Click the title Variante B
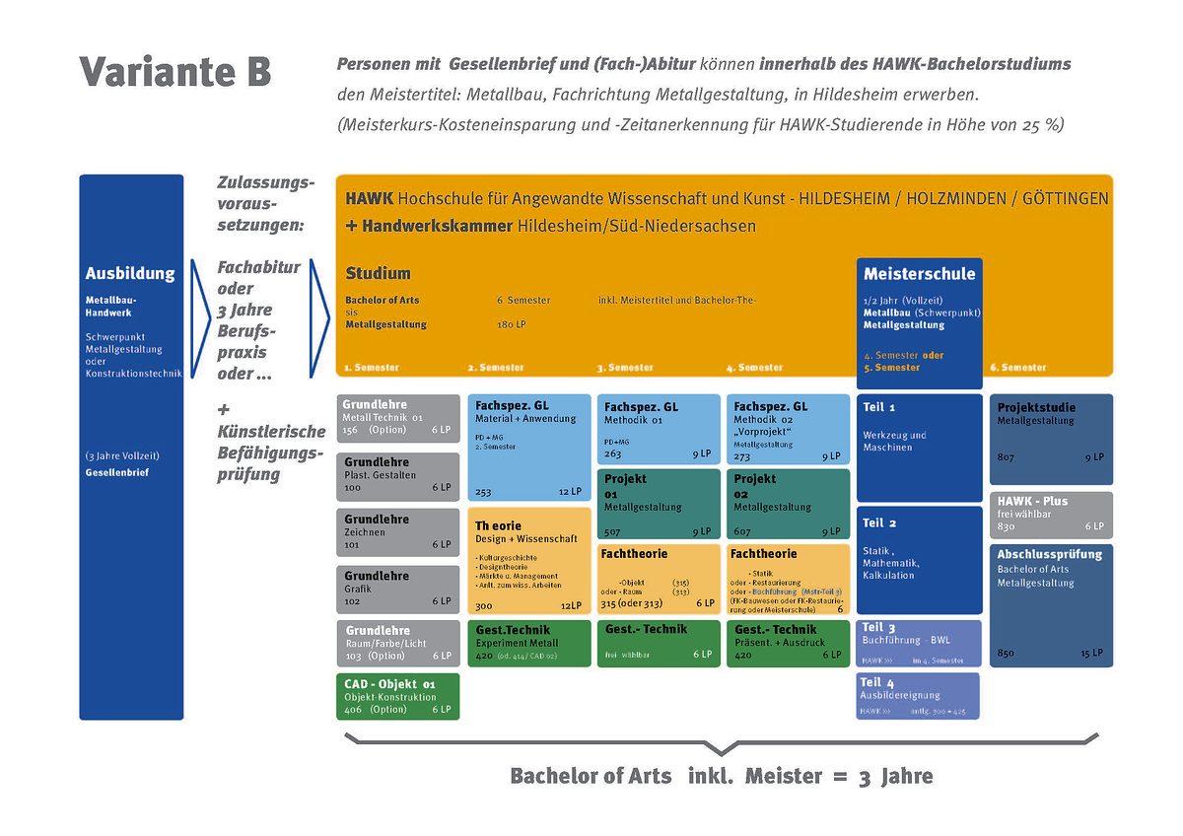click(x=174, y=72)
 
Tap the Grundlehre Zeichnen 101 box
click(x=398, y=531)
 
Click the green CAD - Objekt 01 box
click(x=398, y=696)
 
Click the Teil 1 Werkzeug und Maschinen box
click(x=919, y=448)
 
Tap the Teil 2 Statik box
click(x=919, y=560)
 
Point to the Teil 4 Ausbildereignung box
click(x=919, y=695)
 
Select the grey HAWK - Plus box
click(x=1051, y=515)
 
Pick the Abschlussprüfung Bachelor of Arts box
click(x=1051, y=605)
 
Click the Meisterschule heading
click(x=919, y=274)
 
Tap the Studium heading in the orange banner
click(x=378, y=273)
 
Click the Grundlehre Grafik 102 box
click(x=398, y=589)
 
